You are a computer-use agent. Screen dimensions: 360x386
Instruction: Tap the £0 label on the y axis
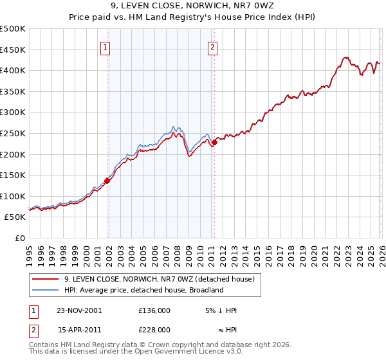pos(21,238)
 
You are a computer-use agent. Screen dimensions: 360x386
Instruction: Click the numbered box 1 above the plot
pos(105,46)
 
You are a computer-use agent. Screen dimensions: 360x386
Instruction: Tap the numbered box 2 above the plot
pos(212,46)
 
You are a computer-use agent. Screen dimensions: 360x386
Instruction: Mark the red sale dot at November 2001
pos(107,181)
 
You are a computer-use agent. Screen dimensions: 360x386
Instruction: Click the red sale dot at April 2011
pos(214,143)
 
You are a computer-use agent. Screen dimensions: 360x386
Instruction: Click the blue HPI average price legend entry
pos(143,290)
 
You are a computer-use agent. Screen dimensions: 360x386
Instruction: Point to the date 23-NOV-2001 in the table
pos(80,310)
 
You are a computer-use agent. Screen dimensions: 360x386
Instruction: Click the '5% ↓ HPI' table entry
pos(220,310)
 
